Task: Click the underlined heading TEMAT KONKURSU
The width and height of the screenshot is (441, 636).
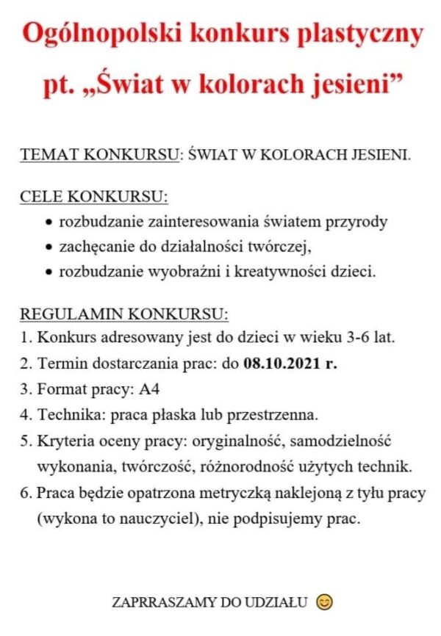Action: pyautogui.click(x=99, y=156)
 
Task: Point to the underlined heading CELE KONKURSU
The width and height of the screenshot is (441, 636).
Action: pyautogui.click(x=93, y=198)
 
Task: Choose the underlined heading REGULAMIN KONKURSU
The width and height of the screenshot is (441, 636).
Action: pyautogui.click(x=123, y=314)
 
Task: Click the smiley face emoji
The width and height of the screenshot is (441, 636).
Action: pyautogui.click(x=323, y=602)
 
